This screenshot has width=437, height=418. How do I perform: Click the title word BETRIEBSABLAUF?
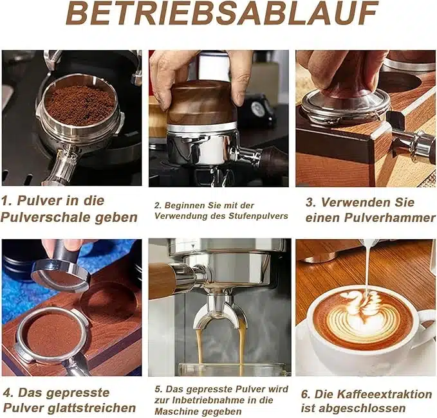point(221,14)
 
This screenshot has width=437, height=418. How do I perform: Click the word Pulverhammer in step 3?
point(390,218)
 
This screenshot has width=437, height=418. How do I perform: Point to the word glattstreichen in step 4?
point(91,408)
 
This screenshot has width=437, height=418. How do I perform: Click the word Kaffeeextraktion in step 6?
point(373,394)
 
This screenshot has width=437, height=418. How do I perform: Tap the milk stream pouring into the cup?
point(368,268)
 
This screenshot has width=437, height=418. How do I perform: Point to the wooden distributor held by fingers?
point(200,103)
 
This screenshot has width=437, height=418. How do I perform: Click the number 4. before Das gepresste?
point(8,393)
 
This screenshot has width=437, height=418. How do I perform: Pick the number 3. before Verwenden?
point(311,203)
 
